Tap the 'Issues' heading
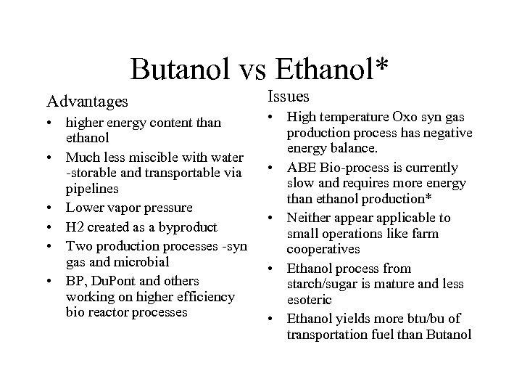[x=289, y=96]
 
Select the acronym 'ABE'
[x=301, y=168]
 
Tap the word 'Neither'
[x=307, y=218]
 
